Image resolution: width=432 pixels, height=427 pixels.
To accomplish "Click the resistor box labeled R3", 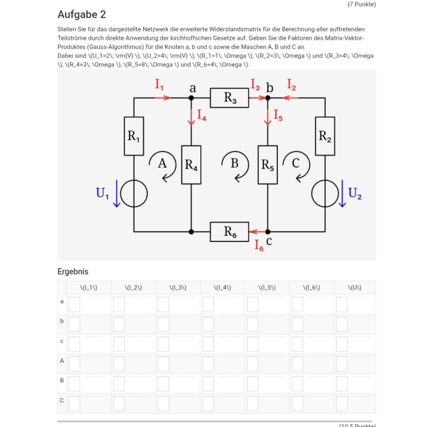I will coord(230,98).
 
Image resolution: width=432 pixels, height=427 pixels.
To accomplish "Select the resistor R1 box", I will coord(134,136).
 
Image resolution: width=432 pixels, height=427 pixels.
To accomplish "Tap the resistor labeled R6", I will coord(230,231).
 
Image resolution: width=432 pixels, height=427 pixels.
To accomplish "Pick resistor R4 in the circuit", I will coord(191,165).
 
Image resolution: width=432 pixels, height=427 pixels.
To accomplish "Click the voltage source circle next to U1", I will coord(134,194).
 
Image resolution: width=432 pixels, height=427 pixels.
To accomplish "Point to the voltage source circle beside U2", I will coord(325,194).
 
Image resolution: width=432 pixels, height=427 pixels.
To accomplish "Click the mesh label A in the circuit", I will coord(162,164).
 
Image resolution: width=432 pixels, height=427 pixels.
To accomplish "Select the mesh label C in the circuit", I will coord(296,164).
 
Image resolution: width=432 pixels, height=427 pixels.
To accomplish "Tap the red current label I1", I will coord(160,85).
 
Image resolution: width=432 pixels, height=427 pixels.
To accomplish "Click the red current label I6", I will coord(259,246).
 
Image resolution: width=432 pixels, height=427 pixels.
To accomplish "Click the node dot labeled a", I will coord(191,98).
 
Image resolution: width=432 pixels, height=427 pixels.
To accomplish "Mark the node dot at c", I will coord(268,231).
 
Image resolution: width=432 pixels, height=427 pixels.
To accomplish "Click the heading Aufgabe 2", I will coord(81,15).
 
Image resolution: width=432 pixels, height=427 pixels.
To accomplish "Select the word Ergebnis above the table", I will coord(73,271).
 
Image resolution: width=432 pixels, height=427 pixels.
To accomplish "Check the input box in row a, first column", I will coord(74,305).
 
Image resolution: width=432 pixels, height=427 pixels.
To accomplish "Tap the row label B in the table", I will coord(62,380).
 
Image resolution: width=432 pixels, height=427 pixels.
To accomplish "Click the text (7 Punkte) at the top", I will coord(361,4).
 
